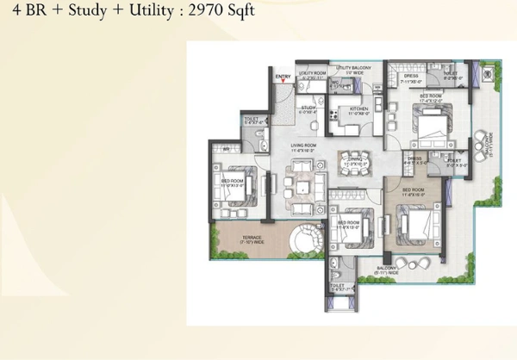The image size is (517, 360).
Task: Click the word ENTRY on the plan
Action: pyautogui.click(x=283, y=78)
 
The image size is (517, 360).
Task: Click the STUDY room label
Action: pyautogui.click(x=307, y=109)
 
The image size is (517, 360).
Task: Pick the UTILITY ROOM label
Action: pyautogui.click(x=311, y=75)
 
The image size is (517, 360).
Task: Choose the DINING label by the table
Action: pyautogui.click(x=353, y=160)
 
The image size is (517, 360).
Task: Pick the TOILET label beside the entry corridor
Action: pyautogui.click(x=252, y=119)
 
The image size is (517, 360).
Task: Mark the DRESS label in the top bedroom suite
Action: pyautogui.click(x=411, y=75)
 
